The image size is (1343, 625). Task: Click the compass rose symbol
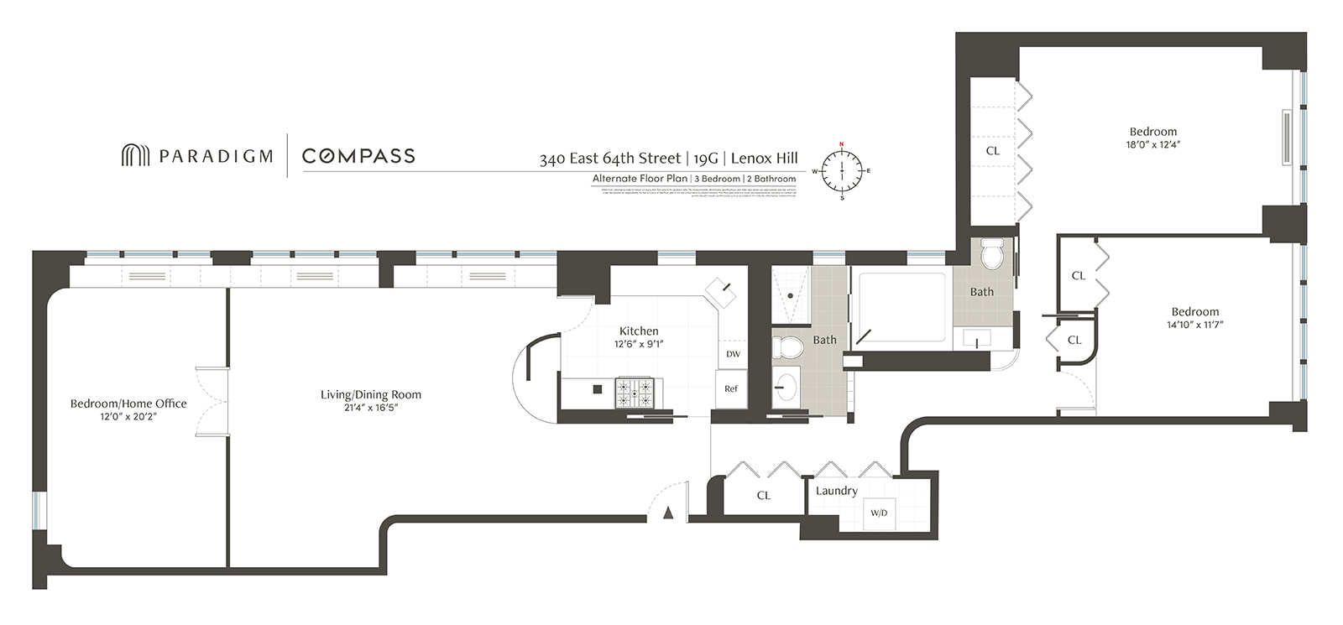tap(841, 170)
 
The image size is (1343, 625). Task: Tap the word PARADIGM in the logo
tap(216, 156)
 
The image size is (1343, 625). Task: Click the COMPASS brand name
tap(358, 156)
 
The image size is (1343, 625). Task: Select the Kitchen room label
tap(639, 331)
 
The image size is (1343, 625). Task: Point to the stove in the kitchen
tap(634, 392)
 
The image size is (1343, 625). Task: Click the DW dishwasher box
tap(733, 354)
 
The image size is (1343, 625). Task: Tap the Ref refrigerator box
tap(731, 388)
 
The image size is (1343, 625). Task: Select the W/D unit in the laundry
tap(879, 513)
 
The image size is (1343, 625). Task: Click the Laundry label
tap(836, 491)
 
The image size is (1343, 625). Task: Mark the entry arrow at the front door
tap(668, 513)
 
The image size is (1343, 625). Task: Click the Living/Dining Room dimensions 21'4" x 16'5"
tap(370, 408)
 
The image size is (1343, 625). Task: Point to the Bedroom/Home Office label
tap(128, 404)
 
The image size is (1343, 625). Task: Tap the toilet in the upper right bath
tap(992, 253)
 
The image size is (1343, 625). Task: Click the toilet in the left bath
tap(788, 346)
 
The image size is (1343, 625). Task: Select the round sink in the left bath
tap(786, 387)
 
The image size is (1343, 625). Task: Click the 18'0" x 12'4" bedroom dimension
tap(1152, 144)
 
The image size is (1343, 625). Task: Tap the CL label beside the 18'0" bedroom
tap(993, 151)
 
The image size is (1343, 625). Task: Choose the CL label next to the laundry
tap(763, 495)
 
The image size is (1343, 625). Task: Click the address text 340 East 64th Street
tap(609, 159)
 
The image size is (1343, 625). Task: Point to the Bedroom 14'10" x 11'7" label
tap(1194, 311)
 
